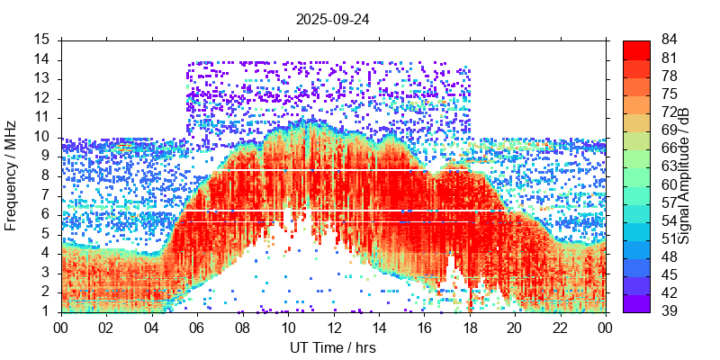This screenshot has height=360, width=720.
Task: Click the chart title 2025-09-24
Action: pyautogui.click(x=333, y=18)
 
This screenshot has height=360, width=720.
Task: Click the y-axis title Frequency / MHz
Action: pyautogui.click(x=12, y=175)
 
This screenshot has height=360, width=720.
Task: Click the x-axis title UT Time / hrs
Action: pyautogui.click(x=333, y=348)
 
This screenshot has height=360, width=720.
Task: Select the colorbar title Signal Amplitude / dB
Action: pyautogui.click(x=684, y=175)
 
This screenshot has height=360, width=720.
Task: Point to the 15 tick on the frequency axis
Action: pyautogui.click(x=42, y=40)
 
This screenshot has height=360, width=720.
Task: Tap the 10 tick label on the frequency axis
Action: pyautogui.click(x=42, y=137)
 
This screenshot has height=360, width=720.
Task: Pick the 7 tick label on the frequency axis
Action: pyautogui.click(x=46, y=195)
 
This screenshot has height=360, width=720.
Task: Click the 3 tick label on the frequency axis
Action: pyautogui.click(x=46, y=273)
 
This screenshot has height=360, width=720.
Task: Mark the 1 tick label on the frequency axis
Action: pyautogui.click(x=46, y=311)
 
